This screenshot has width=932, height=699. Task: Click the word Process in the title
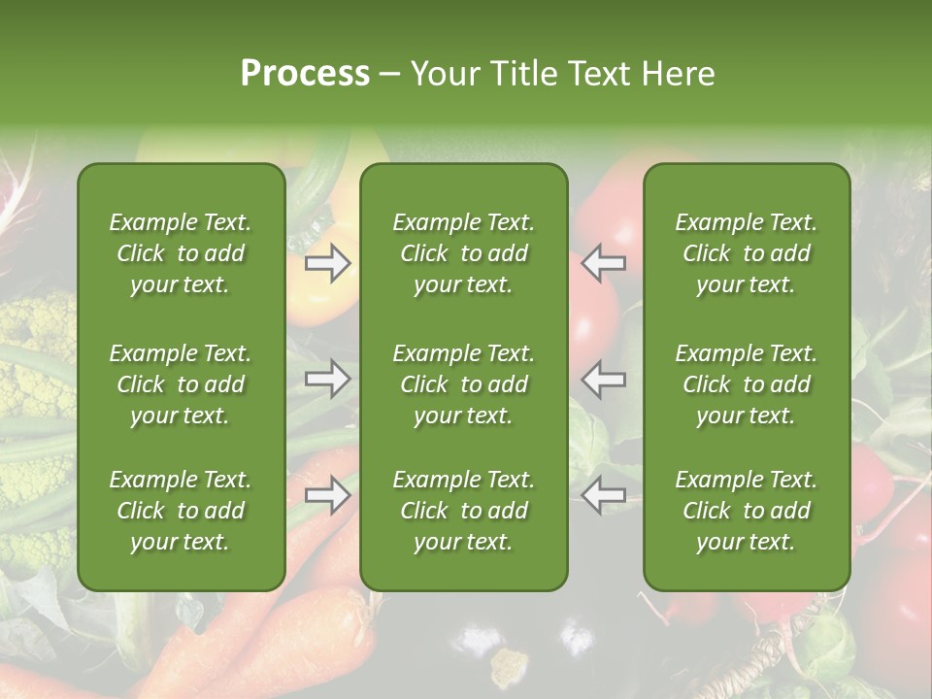pyautogui.click(x=305, y=74)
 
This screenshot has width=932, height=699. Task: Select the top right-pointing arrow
pyautogui.click(x=328, y=263)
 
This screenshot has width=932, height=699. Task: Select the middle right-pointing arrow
pyautogui.click(x=328, y=380)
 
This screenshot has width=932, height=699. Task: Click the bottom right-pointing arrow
pyautogui.click(x=328, y=495)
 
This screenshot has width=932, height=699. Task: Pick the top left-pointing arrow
pyautogui.click(x=604, y=263)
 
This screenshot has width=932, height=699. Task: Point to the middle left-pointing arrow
pyautogui.click(x=604, y=380)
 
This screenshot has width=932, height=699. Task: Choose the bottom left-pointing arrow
pyautogui.click(x=604, y=495)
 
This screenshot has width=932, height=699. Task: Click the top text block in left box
pyautogui.click(x=181, y=253)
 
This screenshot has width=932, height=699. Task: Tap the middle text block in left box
pyautogui.click(x=181, y=384)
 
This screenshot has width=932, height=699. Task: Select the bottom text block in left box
pyautogui.click(x=181, y=511)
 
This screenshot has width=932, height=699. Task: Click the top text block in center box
pyautogui.click(x=463, y=253)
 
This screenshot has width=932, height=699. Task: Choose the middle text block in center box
pyautogui.click(x=463, y=384)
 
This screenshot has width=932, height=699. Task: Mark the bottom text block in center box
pyautogui.click(x=463, y=511)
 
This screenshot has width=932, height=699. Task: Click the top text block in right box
pyautogui.click(x=746, y=253)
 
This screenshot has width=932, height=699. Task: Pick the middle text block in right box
pyautogui.click(x=746, y=384)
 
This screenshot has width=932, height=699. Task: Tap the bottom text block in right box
pyautogui.click(x=746, y=511)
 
